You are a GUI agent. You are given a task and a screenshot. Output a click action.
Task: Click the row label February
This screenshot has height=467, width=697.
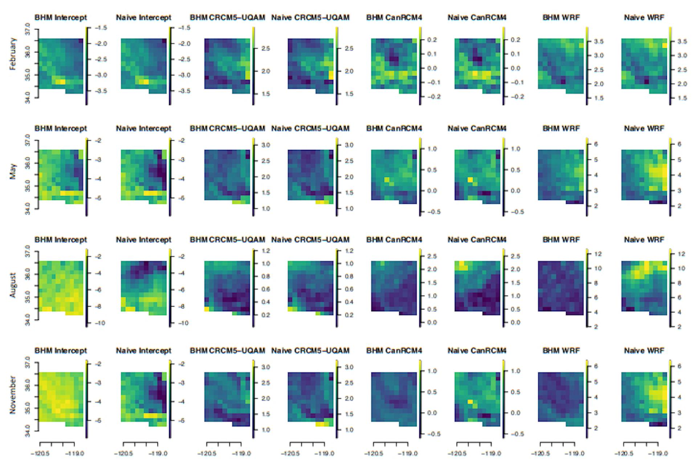[13, 54]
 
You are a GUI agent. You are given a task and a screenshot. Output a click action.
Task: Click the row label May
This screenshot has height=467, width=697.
[13, 171]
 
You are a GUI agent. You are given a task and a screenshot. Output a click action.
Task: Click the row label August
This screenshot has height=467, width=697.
[13, 285]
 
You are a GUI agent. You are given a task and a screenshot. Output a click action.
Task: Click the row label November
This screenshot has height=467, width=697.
[13, 395]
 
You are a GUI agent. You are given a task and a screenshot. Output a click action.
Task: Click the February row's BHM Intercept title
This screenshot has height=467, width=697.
[61, 17]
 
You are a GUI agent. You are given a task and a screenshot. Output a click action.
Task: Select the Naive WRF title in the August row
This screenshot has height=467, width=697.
[644, 240]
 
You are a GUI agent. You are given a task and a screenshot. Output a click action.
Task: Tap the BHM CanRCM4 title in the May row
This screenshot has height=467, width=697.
[394, 129]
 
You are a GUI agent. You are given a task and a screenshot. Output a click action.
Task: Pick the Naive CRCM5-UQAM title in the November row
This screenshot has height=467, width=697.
[310, 351]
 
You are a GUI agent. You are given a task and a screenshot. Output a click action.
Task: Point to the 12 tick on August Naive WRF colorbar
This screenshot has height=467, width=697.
[681, 254]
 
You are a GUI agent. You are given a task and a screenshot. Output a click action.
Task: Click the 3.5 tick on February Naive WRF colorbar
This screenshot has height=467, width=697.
[682, 42]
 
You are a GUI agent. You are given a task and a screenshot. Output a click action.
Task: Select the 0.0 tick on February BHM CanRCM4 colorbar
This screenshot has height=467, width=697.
[432, 68]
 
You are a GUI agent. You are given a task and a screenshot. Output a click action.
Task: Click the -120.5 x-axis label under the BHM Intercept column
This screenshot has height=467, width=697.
[41, 454]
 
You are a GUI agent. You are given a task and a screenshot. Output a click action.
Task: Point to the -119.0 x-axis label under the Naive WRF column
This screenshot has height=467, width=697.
[657, 454]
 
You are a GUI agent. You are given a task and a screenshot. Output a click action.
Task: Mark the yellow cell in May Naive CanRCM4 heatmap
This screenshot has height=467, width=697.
[470, 179]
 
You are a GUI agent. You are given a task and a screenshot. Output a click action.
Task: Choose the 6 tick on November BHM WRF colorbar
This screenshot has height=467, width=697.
[595, 366]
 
